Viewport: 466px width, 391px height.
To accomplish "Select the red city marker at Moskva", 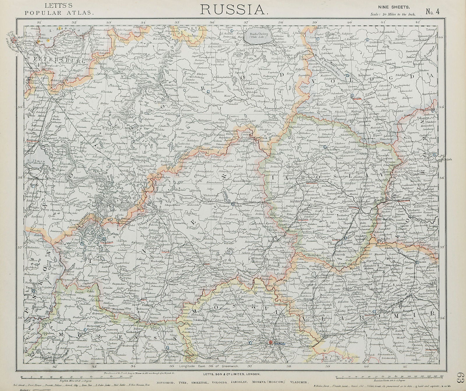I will coord(271,343).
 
